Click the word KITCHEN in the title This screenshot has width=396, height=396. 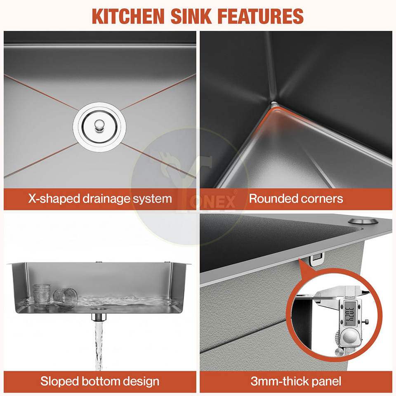point(128,16)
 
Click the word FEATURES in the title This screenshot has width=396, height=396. point(260,16)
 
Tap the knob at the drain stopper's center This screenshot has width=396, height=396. point(99,125)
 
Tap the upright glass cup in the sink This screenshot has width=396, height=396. point(42,296)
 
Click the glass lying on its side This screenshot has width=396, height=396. point(65,297)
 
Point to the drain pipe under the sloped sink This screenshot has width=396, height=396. point(99,317)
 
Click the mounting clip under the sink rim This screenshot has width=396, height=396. point(316,259)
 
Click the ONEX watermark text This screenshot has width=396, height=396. point(212,202)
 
